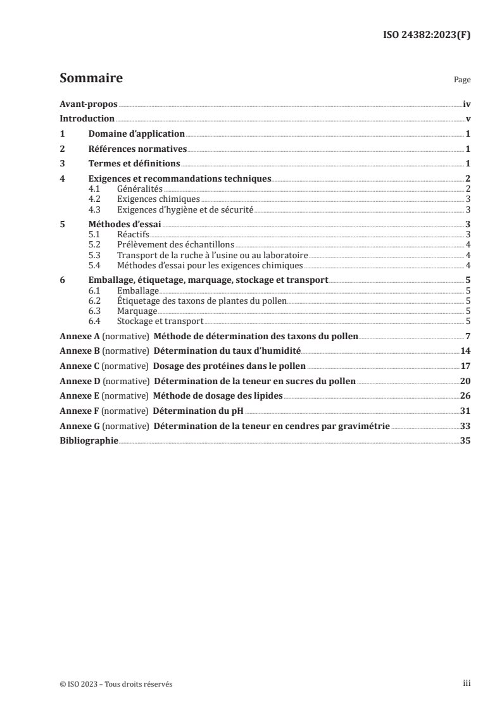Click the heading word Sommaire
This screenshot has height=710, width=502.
[x=91, y=79]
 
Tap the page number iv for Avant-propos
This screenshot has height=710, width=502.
[x=466, y=104]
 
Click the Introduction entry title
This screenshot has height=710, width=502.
[x=87, y=119]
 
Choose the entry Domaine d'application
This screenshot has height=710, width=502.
[x=136, y=134]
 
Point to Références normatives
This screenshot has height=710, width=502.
[x=137, y=149]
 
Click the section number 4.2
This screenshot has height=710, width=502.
[x=94, y=199]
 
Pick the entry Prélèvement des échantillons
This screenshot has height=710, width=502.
[x=175, y=245]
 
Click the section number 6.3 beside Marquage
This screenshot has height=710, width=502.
[x=94, y=311]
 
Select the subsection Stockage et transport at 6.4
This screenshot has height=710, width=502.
[x=160, y=321]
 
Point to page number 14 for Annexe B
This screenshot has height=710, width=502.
[x=465, y=351]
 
